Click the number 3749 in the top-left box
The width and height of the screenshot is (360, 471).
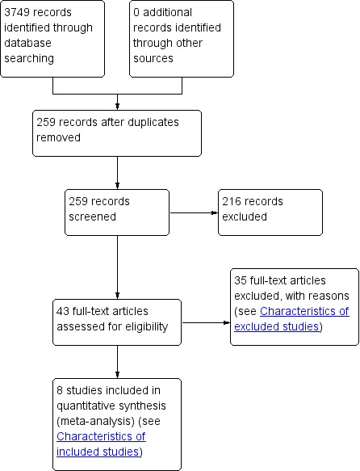click(x=17, y=12)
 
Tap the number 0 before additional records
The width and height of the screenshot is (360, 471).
click(x=136, y=12)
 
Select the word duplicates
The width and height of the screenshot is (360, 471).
click(x=153, y=123)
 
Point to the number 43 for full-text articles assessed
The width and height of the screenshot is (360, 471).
click(x=63, y=311)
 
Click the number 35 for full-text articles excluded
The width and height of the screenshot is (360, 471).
click(x=241, y=280)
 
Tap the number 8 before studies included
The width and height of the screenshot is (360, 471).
click(x=60, y=390)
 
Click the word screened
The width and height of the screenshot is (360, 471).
click(x=92, y=217)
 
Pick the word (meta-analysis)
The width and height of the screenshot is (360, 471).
click(x=95, y=421)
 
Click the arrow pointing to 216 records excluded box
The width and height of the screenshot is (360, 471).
click(x=194, y=213)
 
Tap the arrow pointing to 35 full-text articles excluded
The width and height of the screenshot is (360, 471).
click(x=206, y=323)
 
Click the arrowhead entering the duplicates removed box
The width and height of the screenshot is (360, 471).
click(x=117, y=107)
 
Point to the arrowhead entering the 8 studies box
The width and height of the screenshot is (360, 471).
click(x=117, y=375)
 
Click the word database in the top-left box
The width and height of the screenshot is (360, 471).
click(x=27, y=43)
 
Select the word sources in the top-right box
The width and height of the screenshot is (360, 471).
click(x=153, y=58)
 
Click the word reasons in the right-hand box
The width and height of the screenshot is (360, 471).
click(x=333, y=296)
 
